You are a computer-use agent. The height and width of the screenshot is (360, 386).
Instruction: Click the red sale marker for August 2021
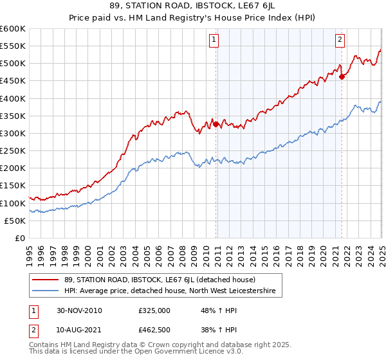point(342,76)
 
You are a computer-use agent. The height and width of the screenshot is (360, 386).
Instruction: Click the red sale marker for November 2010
point(216,124)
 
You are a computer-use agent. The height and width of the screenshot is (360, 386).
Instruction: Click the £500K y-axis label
point(12,63)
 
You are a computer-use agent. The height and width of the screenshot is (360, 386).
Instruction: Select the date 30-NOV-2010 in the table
point(79,310)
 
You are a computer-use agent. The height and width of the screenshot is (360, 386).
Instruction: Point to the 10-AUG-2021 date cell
point(79,330)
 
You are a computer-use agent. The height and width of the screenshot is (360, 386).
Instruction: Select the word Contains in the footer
point(44,346)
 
